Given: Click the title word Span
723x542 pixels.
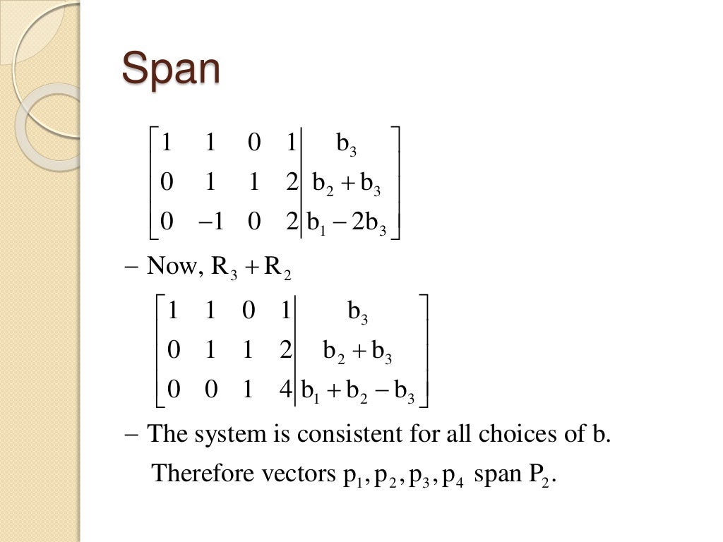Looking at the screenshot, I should [x=171, y=70].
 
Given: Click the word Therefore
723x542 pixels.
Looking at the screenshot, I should [x=194, y=473].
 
